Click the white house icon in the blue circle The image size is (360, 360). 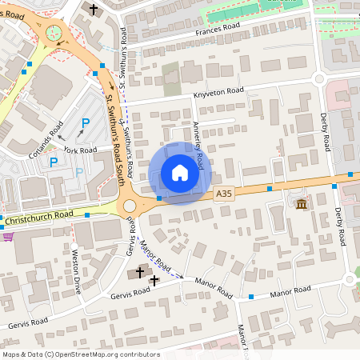tap(180, 173)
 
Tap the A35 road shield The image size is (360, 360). tap(225, 193)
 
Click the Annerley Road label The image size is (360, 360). tap(198, 141)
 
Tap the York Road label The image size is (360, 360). tap(81, 150)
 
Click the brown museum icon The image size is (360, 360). tap(301, 205)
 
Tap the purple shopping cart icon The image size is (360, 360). tap(8, 236)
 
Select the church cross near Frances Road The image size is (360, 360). tap(93, 9)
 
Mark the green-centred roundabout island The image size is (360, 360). tap(54, 33)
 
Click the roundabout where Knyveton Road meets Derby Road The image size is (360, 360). tap(319, 79)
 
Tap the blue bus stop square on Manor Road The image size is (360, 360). tap(251, 297)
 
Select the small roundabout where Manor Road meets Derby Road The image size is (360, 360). tap(350, 279)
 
